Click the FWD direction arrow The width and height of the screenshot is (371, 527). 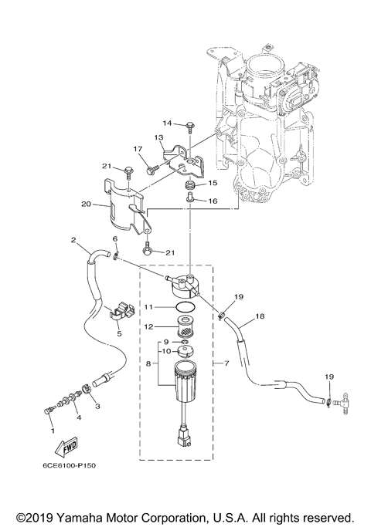(x=66, y=447)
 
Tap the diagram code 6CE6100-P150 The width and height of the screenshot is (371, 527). (x=70, y=466)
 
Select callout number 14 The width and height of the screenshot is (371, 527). (x=167, y=123)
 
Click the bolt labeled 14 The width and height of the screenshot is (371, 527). (x=189, y=128)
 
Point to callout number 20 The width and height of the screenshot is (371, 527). (x=87, y=204)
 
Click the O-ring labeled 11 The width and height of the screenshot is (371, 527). (x=185, y=307)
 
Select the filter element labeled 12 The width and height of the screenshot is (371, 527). (x=185, y=326)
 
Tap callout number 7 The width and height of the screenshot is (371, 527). (x=226, y=363)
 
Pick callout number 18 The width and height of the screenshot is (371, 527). (x=260, y=316)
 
